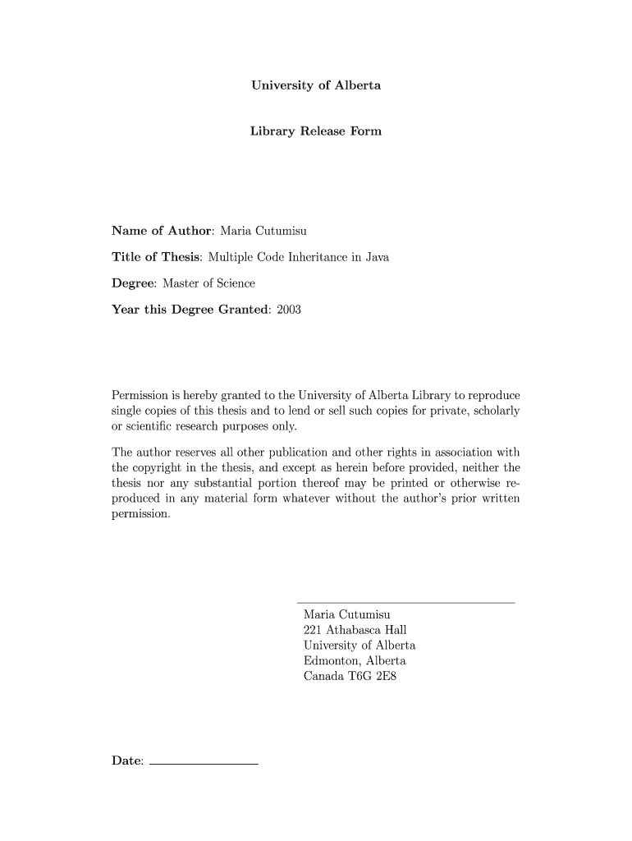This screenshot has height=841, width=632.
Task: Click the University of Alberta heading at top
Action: tap(315, 85)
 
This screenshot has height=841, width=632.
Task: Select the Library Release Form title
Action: tap(315, 131)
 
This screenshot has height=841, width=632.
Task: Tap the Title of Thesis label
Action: tap(156, 257)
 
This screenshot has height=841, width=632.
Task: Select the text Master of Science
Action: tap(208, 283)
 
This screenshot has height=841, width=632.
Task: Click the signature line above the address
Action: tap(405, 604)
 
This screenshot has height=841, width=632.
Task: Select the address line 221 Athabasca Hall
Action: tap(355, 630)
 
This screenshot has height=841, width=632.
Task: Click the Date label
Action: tap(127, 761)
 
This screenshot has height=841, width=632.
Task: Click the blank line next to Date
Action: tap(204, 765)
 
